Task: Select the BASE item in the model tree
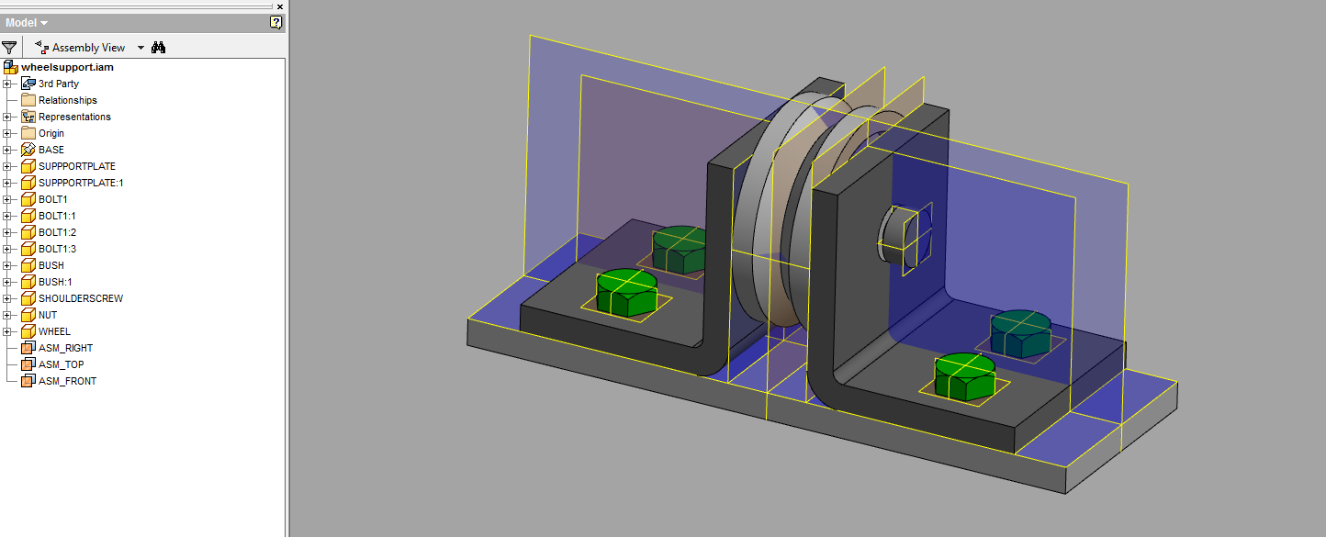click(51, 150)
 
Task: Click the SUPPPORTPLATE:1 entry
click(80, 183)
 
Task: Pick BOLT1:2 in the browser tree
click(57, 232)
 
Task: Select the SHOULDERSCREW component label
click(80, 298)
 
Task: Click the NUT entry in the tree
click(48, 315)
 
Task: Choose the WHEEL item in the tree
click(54, 331)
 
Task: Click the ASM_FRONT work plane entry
click(67, 381)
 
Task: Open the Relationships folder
click(67, 100)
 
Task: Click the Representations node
click(73, 117)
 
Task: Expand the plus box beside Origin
click(6, 133)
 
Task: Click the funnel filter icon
click(9, 48)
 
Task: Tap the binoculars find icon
click(158, 48)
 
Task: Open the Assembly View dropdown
click(140, 48)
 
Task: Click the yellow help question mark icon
click(275, 22)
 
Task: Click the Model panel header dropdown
click(27, 22)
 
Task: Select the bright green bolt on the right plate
click(965, 376)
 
